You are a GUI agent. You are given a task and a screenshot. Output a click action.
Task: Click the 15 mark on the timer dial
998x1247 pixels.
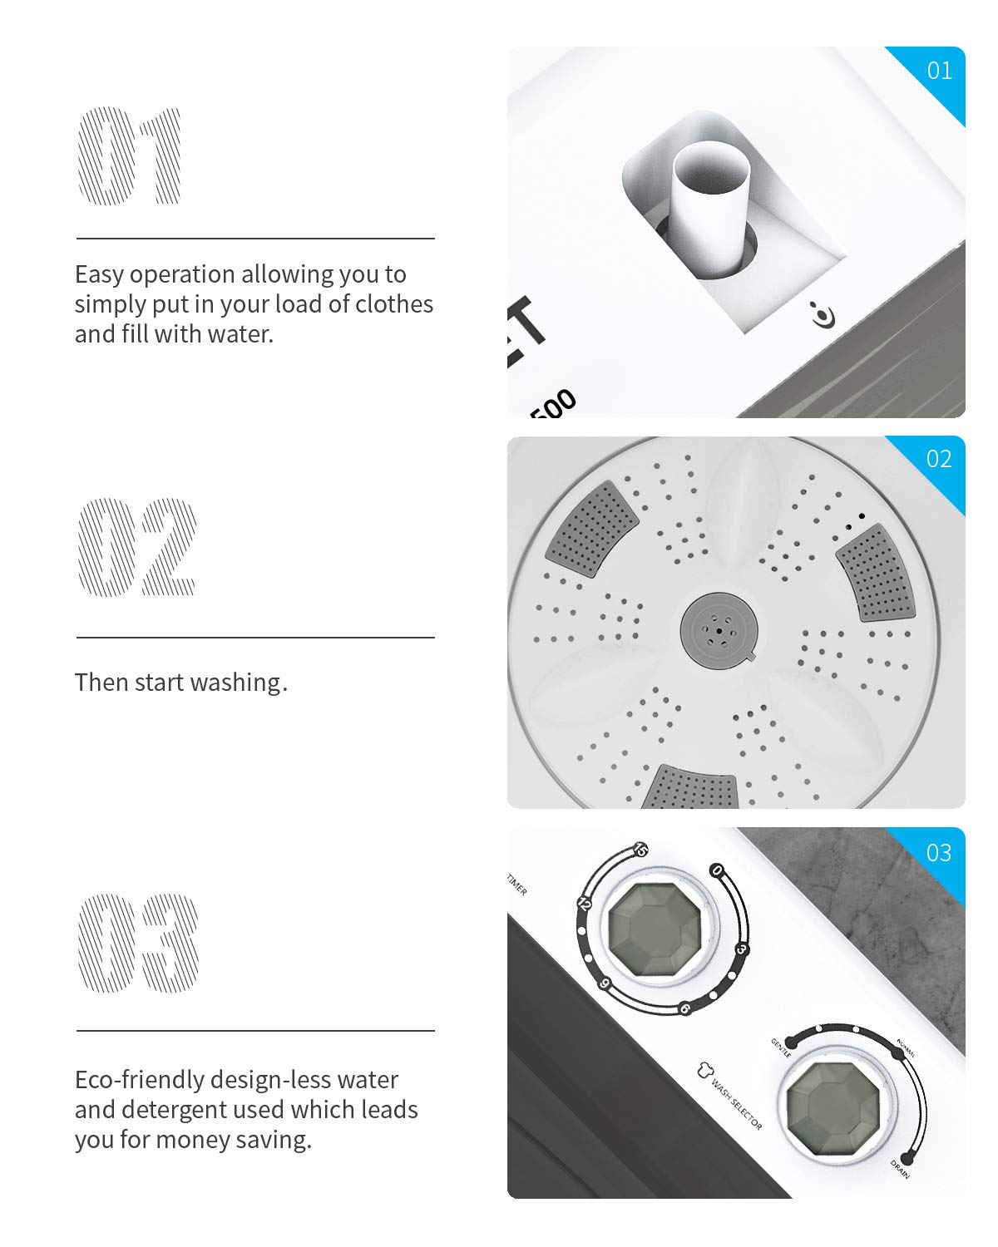(x=640, y=850)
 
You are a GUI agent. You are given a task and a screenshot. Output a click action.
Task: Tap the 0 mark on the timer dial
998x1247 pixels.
(x=717, y=871)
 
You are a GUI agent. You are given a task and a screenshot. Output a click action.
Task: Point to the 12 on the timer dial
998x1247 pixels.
(x=584, y=904)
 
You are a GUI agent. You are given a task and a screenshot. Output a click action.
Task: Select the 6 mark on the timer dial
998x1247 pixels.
(x=685, y=1008)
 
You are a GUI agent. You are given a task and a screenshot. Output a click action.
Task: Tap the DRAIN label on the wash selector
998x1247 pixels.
(x=902, y=1169)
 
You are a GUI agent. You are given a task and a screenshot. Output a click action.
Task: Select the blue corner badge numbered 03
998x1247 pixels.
(x=938, y=853)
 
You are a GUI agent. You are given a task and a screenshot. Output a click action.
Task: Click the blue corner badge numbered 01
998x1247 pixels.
(x=939, y=71)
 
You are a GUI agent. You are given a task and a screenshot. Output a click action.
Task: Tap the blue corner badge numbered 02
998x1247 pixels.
(x=938, y=459)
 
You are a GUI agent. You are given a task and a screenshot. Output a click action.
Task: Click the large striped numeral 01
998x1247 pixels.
(x=130, y=155)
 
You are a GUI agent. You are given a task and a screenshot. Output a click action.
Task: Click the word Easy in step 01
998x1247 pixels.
(x=100, y=274)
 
